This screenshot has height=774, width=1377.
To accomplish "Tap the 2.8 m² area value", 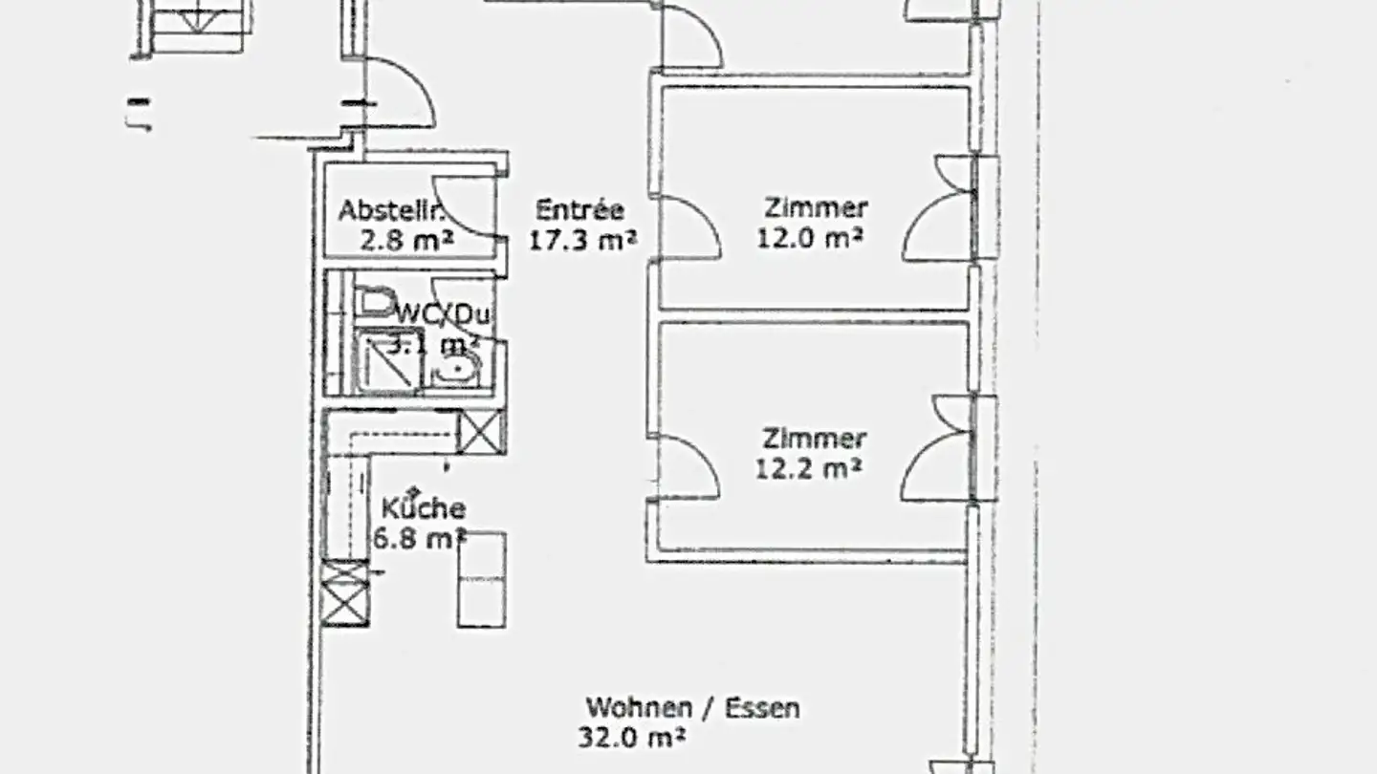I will pyautogui.click(x=405, y=239).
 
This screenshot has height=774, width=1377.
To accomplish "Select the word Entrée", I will pyautogui.click(x=579, y=209).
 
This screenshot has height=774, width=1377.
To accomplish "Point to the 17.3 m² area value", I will pyautogui.click(x=582, y=239).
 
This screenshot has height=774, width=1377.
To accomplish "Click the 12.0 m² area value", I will pyautogui.click(x=810, y=237).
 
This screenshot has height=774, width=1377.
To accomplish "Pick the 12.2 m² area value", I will pyautogui.click(x=809, y=468).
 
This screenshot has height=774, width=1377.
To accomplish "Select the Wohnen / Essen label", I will pyautogui.click(x=692, y=708).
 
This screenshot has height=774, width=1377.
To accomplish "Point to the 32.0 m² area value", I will pyautogui.click(x=632, y=737).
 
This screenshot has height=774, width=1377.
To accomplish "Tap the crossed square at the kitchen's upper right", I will pyautogui.click(x=480, y=431).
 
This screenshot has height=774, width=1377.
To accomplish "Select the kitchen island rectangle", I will pyautogui.click(x=481, y=580).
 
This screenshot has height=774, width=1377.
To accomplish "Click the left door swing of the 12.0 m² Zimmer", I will pyautogui.click(x=687, y=227).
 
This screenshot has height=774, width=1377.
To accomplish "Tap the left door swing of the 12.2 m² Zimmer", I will pyautogui.click(x=687, y=467).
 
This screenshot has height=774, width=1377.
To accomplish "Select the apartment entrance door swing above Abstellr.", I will pyautogui.click(x=400, y=94).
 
